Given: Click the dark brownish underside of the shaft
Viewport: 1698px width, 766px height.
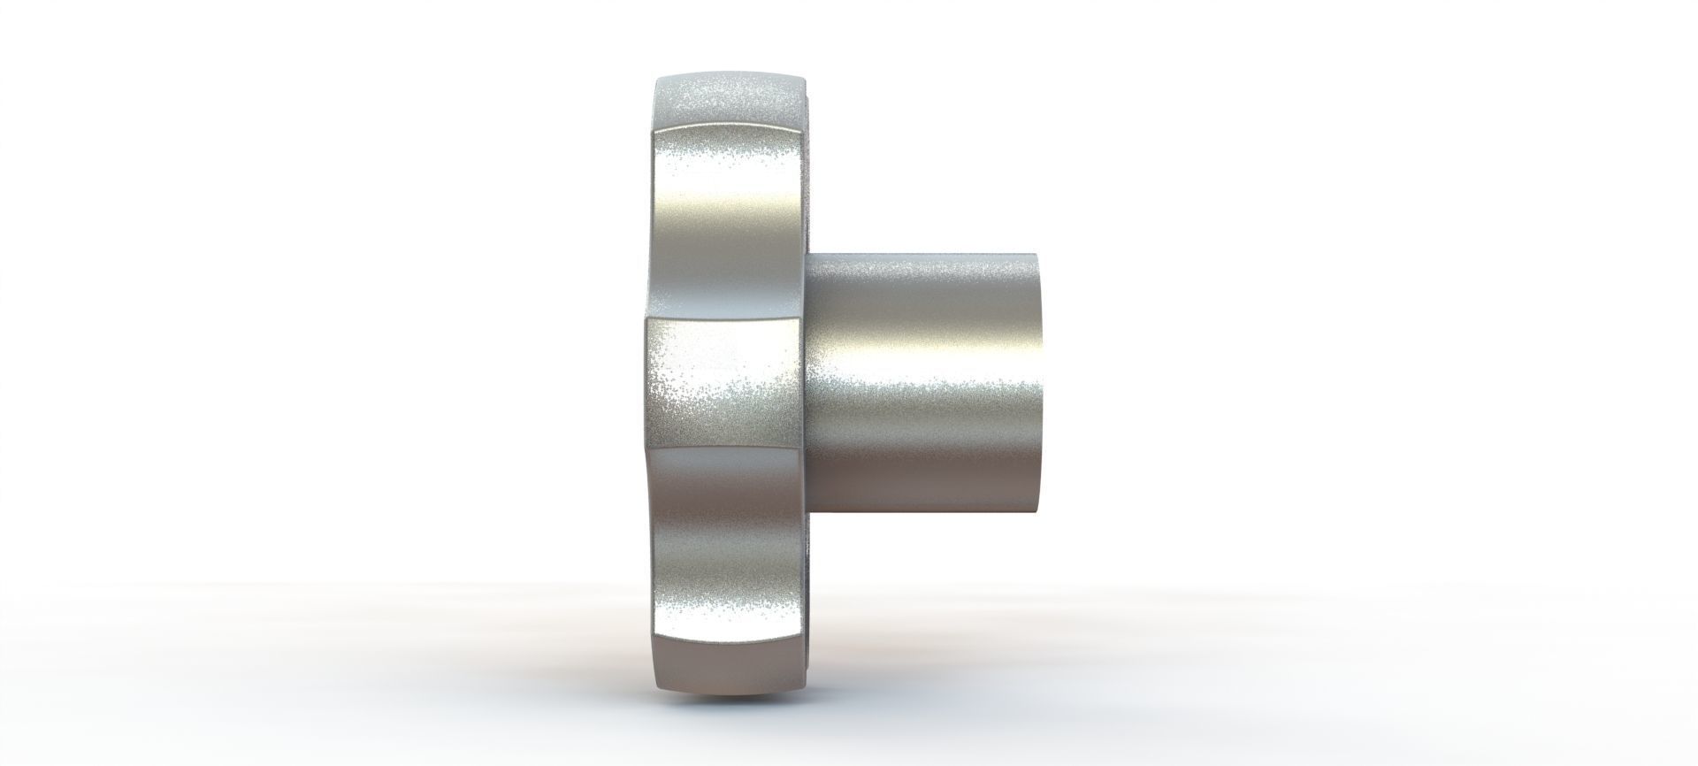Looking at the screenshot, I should click(x=929, y=495).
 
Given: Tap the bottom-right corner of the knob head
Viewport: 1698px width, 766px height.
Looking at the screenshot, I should click(x=801, y=681).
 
